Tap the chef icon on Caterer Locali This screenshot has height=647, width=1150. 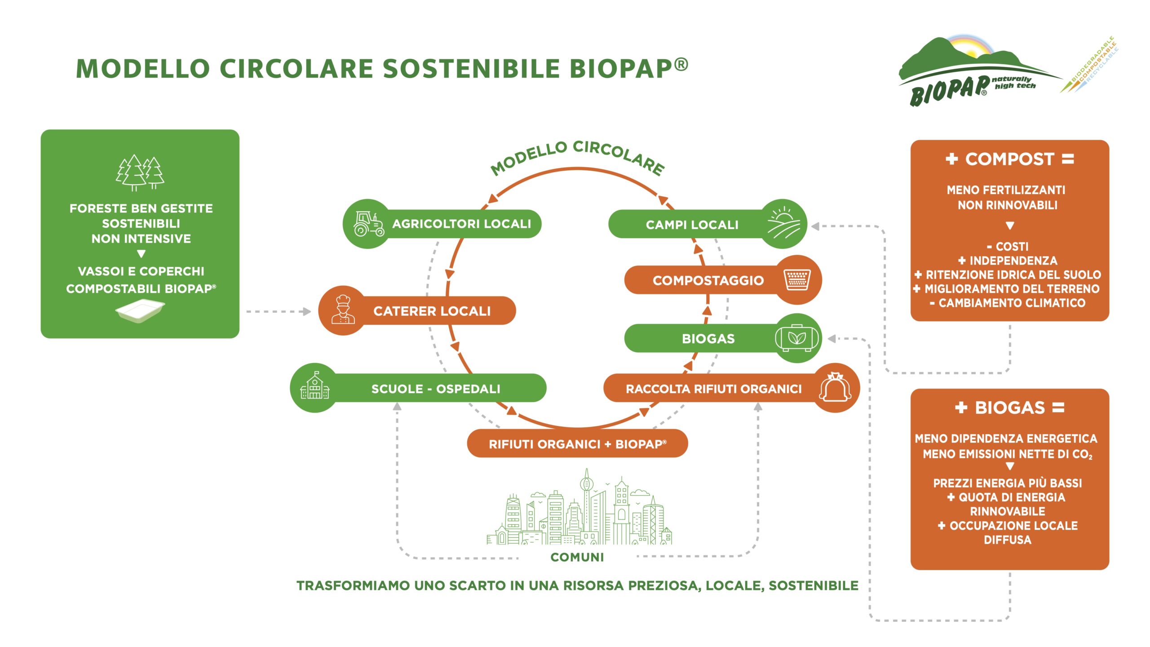[343, 310]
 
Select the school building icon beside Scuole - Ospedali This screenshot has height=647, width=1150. [315, 386]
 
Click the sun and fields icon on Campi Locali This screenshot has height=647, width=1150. [783, 223]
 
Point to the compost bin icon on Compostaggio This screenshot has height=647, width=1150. [797, 279]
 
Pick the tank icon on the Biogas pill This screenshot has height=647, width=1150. [797, 338]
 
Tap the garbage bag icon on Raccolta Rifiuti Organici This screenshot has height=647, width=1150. [835, 387]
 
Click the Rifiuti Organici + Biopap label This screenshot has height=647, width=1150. [578, 444]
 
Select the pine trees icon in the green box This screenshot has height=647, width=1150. [140, 173]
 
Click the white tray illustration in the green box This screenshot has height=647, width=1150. [140, 310]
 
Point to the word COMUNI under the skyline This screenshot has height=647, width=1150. [577, 557]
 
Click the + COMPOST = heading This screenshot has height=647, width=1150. [1009, 159]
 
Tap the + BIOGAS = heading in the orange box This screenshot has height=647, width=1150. [1009, 408]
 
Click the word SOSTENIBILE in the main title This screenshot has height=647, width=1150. [471, 68]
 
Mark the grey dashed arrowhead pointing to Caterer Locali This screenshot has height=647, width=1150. [307, 311]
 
